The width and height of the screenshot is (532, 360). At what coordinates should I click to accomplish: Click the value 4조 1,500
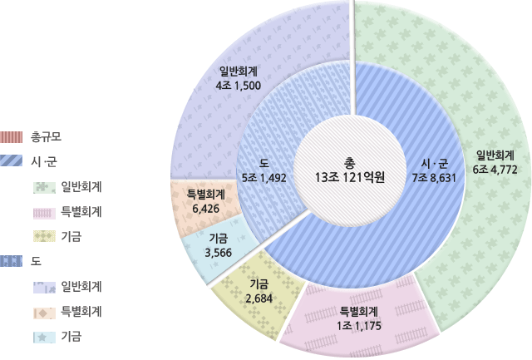coord(239,86)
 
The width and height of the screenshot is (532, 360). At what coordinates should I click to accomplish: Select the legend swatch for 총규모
coord(12,136)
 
